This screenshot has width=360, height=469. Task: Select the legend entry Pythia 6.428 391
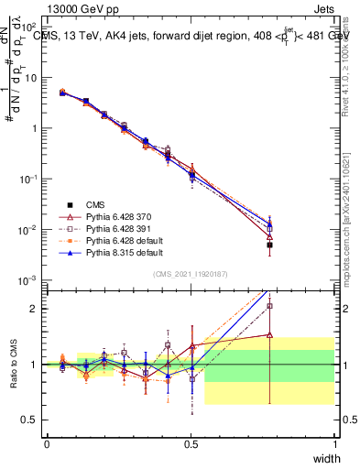pos(104,228)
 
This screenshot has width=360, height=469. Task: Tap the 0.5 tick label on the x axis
pos(191,443)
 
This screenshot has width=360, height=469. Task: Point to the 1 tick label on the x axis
pos(334,443)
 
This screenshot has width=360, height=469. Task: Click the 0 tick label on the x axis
pos(47,443)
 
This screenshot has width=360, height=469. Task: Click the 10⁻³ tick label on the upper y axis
pos(29,279)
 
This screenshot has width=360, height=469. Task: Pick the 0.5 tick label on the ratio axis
pos(33,420)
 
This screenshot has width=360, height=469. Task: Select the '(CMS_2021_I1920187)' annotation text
pos(191,274)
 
